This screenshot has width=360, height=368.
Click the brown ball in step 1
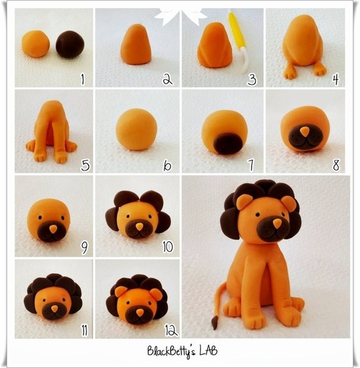pyautogui.click(x=70, y=44)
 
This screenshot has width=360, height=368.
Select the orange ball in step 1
pyautogui.click(x=36, y=43)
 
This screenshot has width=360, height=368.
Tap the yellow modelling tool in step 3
pyautogui.click(x=239, y=40)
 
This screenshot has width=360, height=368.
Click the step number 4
pyautogui.click(x=336, y=79)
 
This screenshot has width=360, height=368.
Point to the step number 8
pyautogui.click(x=336, y=165)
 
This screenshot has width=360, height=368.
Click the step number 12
pyautogui.click(x=171, y=330)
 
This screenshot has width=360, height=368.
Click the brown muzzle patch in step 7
pyautogui.click(x=228, y=143)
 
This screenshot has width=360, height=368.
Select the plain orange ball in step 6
pyautogui.click(x=136, y=129)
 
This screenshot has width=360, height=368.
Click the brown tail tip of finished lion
pyautogui.click(x=214, y=323)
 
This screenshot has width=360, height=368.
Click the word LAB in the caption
pyautogui.click(x=208, y=350)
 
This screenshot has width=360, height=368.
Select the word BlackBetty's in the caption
pyautogui.click(x=171, y=352)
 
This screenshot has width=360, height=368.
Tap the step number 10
pyautogui.click(x=168, y=246)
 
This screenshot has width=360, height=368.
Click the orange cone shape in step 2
pyautogui.click(x=136, y=44)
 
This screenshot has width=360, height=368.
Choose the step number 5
pyautogui.click(x=85, y=165)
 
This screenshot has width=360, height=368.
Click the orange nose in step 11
pyautogui.click(x=55, y=309)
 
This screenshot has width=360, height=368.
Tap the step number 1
pyautogui.click(x=82, y=79)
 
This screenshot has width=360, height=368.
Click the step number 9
pyautogui.click(x=84, y=247)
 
